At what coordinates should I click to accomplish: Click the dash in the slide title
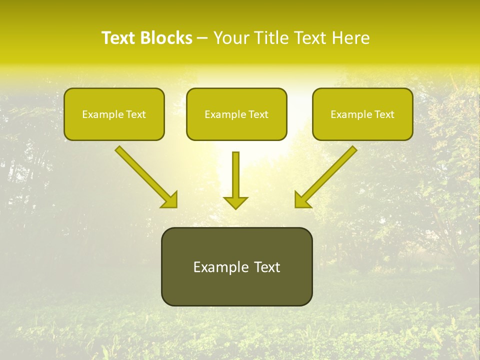pyautogui.click(x=202, y=38)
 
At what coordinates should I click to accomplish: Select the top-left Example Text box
pyautogui.click(x=114, y=114)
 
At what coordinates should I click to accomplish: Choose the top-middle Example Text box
pyautogui.click(x=236, y=114)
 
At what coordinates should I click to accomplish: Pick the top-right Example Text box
pyautogui.click(x=362, y=114)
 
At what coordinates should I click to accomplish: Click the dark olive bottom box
pyautogui.click(x=236, y=266)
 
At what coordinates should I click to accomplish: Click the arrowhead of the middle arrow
pyautogui.click(x=236, y=202)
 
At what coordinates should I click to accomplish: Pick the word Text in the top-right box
pyautogui.click(x=384, y=114)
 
